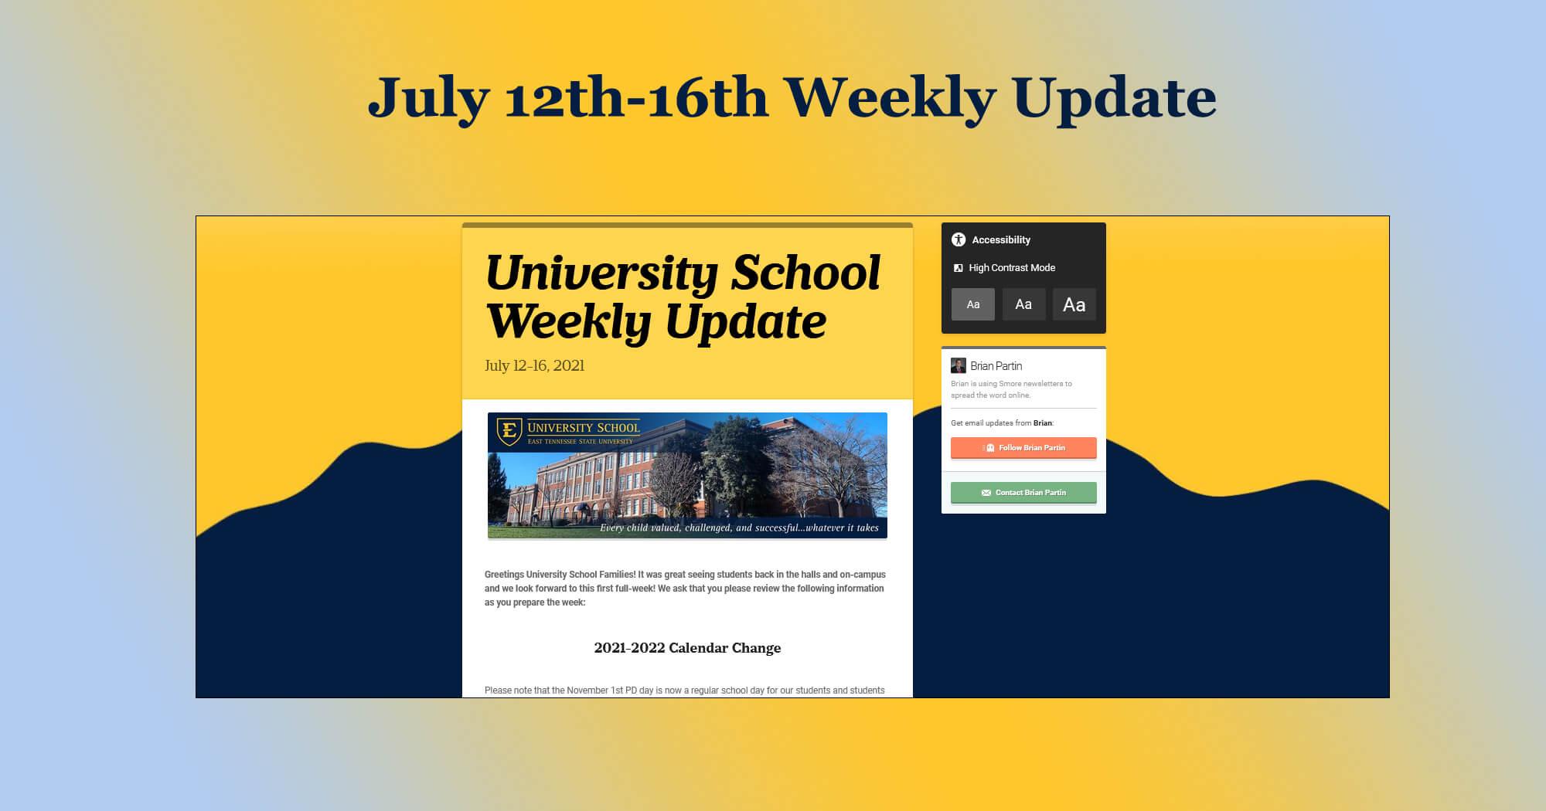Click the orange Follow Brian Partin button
click(x=1023, y=448)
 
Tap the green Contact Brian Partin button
click(x=1023, y=493)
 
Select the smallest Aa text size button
click(x=973, y=304)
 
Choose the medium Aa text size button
click(x=1023, y=304)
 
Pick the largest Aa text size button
click(x=1074, y=304)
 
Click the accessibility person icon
click(x=959, y=239)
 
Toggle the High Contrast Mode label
click(x=1012, y=268)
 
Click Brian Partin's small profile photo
click(x=959, y=366)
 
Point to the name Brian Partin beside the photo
click(x=996, y=366)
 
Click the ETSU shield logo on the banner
click(x=509, y=431)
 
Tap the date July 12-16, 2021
click(x=534, y=365)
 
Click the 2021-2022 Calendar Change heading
click(x=687, y=648)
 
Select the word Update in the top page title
click(x=1115, y=98)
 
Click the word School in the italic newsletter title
click(x=805, y=273)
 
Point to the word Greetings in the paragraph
click(x=504, y=575)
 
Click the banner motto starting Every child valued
click(x=739, y=528)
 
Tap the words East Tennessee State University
click(x=580, y=442)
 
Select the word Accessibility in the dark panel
click(x=1001, y=240)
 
